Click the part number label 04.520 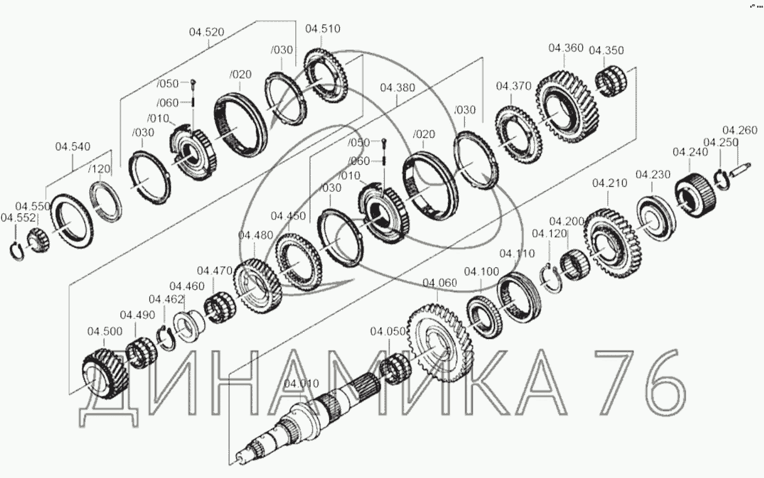(207, 32)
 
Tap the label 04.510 (323, 29)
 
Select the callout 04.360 (566, 48)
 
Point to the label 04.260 (739, 130)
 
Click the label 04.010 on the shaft (302, 384)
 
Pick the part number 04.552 (18, 218)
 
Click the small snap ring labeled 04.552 (16, 252)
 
